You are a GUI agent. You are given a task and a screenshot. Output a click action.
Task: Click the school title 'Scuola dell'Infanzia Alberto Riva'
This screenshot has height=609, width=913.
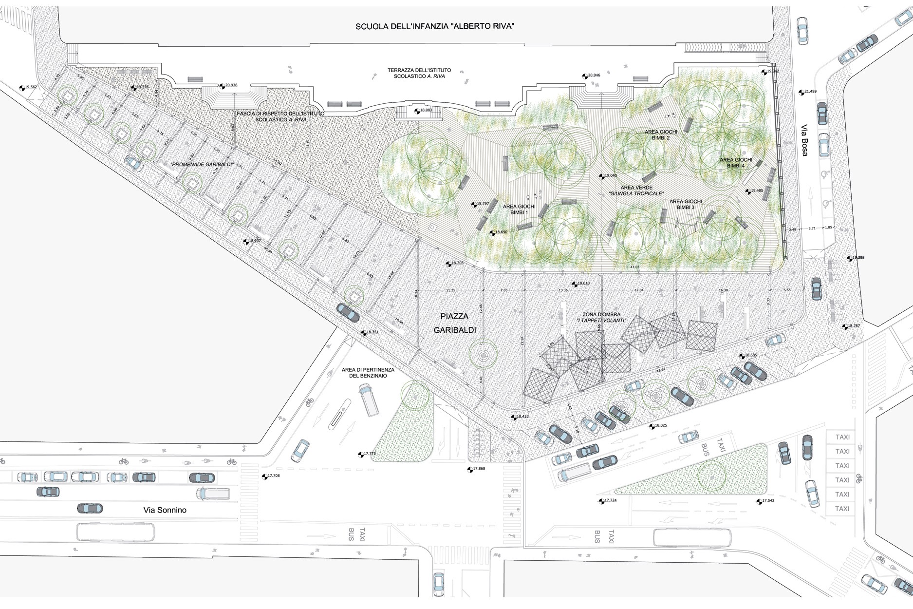[434, 26]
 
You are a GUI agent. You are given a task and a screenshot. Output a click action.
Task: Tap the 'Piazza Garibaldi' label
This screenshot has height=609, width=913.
[455, 323]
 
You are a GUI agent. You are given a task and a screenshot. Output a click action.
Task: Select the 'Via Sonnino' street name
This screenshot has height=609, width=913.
[165, 510]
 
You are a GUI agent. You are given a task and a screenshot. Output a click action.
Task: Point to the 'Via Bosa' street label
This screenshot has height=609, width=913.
[804, 141]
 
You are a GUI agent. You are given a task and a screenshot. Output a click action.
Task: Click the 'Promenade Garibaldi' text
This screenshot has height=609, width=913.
[202, 165]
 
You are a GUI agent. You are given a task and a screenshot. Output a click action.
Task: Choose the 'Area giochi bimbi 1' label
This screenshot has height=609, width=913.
[519, 209]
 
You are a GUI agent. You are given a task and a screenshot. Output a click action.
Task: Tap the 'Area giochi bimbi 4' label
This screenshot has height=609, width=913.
[736, 163]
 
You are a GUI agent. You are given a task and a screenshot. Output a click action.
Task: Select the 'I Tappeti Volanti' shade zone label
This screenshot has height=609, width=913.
[601, 318]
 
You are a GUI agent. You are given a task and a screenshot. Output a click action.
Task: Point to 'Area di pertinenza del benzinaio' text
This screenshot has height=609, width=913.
[368, 373]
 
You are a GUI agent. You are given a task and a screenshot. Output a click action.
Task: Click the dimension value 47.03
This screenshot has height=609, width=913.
[634, 267]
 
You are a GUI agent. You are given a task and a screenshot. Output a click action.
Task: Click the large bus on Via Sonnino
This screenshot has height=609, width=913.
[115, 532]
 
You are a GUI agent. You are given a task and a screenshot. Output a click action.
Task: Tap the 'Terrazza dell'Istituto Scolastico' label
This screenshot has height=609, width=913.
[419, 73]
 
